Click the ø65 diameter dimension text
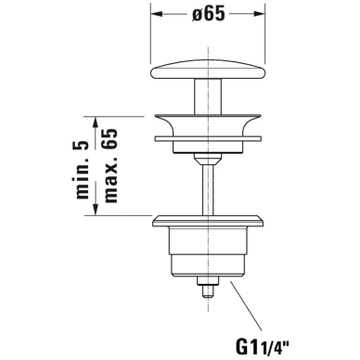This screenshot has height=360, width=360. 208,14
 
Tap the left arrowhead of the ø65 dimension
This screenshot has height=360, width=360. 157,14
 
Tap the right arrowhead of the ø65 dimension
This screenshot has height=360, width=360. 259,14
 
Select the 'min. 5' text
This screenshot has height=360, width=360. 83,170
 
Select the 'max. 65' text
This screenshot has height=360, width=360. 110,165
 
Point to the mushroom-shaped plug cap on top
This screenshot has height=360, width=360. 208,69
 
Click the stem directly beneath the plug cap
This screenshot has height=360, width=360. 208,96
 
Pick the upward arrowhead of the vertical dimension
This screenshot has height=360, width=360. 96,122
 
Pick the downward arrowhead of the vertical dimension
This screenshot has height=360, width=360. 96,210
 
